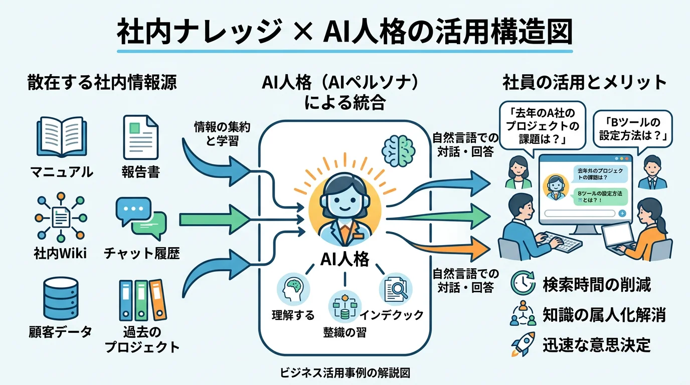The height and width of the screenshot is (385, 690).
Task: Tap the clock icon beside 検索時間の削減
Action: click(522, 284)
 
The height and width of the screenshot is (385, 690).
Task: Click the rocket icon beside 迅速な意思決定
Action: click(522, 345)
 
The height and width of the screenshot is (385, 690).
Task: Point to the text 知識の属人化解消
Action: click(604, 315)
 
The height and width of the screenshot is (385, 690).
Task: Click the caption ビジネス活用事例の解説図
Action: click(346, 373)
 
